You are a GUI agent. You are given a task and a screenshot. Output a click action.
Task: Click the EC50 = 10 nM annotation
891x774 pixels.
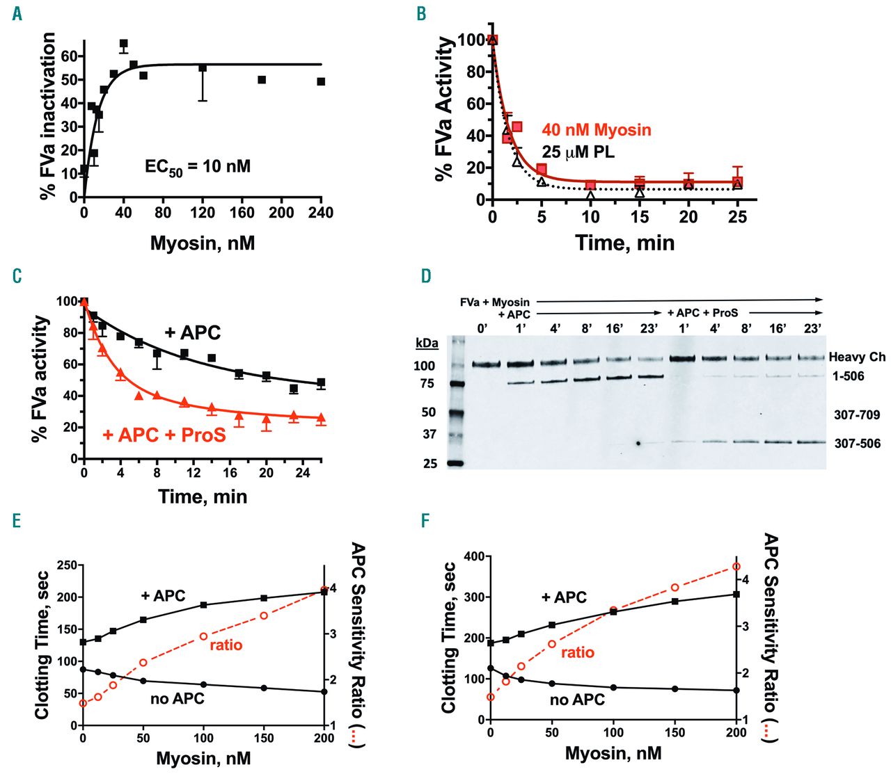coord(197,167)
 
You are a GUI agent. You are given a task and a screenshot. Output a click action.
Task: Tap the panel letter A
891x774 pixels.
coord(17,13)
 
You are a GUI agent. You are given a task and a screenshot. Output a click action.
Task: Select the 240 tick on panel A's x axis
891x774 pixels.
coord(321,213)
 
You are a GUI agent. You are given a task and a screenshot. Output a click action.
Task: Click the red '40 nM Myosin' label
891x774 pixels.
coord(597,130)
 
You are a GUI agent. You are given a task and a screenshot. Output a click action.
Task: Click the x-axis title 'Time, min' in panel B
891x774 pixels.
coord(624,243)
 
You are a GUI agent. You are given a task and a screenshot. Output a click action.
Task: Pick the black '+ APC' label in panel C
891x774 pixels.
coord(192,333)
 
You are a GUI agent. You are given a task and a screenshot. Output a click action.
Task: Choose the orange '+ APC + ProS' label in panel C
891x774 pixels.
coord(164,435)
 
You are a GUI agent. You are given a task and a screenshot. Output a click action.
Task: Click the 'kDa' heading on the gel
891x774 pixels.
coord(426,344)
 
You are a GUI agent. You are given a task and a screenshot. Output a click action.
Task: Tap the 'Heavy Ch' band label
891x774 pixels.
coord(857,357)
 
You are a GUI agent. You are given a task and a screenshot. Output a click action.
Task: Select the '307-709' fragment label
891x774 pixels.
coord(857,415)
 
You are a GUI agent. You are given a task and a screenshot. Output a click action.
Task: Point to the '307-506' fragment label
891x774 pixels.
coord(857,444)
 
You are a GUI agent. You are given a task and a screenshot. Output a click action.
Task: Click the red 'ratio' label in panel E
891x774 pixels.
coord(226,645)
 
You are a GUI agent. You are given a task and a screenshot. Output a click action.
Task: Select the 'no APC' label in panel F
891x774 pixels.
coord(577,700)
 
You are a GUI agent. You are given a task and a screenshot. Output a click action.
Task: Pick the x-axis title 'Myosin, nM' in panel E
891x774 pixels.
coord(203,758)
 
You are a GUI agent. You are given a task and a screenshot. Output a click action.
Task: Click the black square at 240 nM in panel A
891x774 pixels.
coord(321,81)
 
